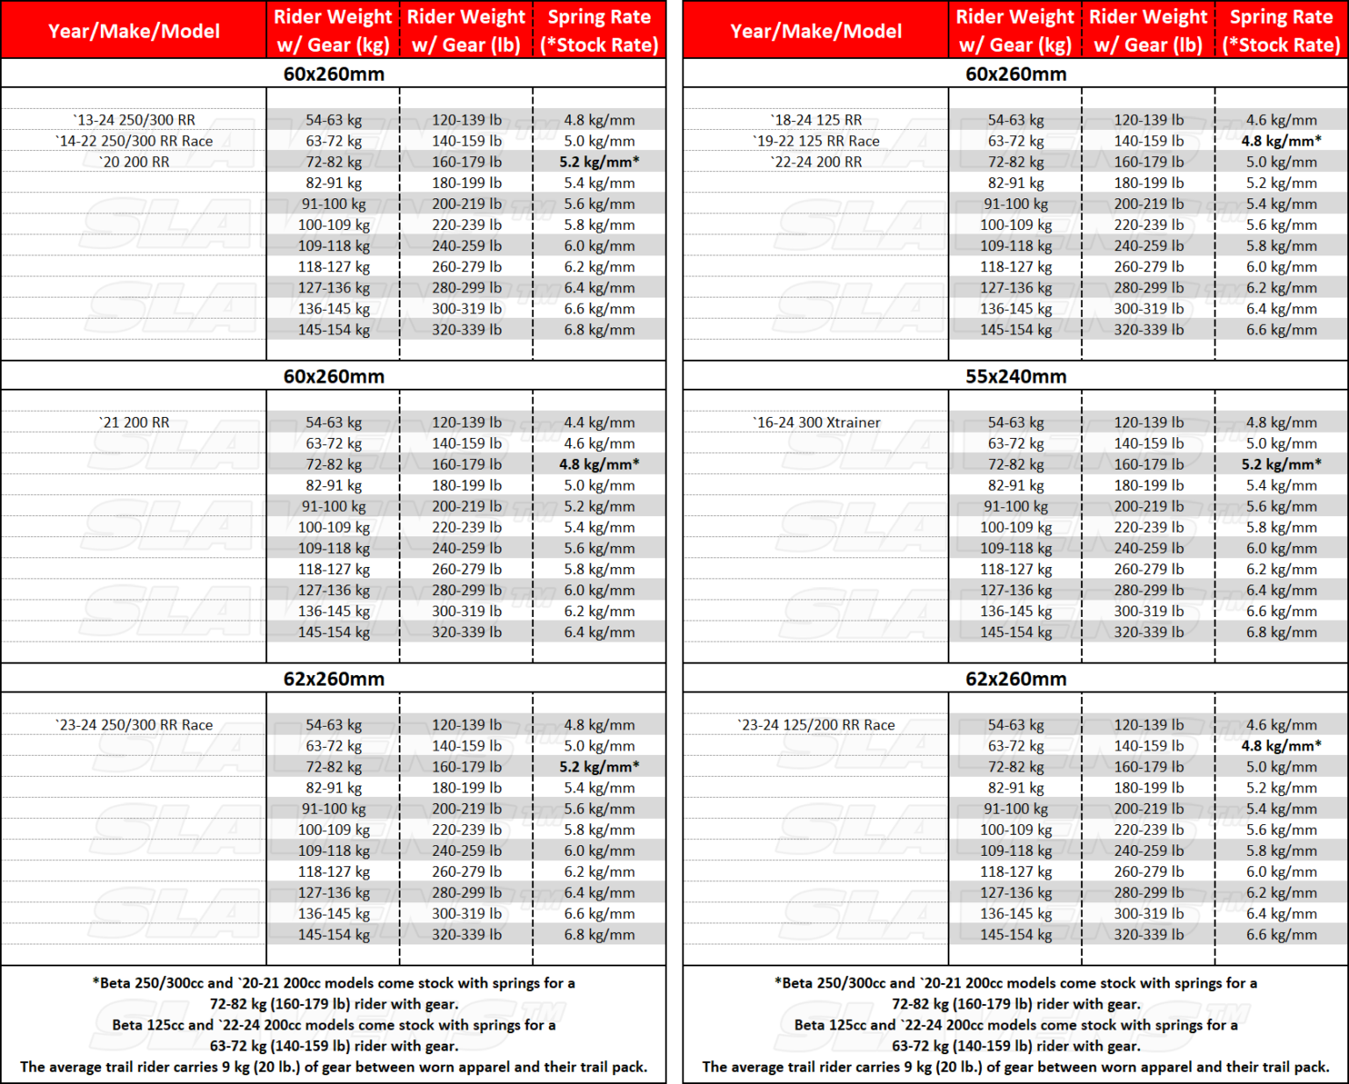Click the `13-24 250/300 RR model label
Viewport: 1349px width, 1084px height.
(x=133, y=120)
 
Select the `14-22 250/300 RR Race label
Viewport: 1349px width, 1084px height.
(x=133, y=141)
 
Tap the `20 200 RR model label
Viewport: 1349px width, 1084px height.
(x=133, y=162)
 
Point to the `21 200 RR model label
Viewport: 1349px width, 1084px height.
(x=133, y=423)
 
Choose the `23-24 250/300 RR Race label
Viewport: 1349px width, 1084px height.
(x=133, y=725)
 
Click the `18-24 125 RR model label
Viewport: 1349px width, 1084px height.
(x=816, y=120)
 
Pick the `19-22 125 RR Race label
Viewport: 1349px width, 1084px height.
(x=816, y=141)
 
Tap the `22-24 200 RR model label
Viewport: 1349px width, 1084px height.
(x=816, y=162)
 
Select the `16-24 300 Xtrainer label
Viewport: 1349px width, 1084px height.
(x=816, y=423)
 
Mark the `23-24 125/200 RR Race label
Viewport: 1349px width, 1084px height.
(x=816, y=725)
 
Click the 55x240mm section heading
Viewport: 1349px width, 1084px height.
(x=1015, y=377)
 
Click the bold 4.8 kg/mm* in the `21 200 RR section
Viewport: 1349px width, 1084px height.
(x=599, y=464)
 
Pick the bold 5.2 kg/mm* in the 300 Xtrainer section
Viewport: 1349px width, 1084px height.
(x=1280, y=464)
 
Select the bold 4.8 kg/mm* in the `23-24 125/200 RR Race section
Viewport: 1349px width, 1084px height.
(x=1280, y=746)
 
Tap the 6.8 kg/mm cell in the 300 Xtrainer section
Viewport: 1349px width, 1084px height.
(x=1280, y=632)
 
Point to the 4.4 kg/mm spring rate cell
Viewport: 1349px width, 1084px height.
(x=599, y=423)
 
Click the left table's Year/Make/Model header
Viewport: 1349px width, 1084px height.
(x=133, y=31)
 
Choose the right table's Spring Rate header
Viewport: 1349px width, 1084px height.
(x=1280, y=31)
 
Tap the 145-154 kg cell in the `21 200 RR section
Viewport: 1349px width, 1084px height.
(x=334, y=632)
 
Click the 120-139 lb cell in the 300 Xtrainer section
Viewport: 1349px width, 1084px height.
(x=1149, y=423)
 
